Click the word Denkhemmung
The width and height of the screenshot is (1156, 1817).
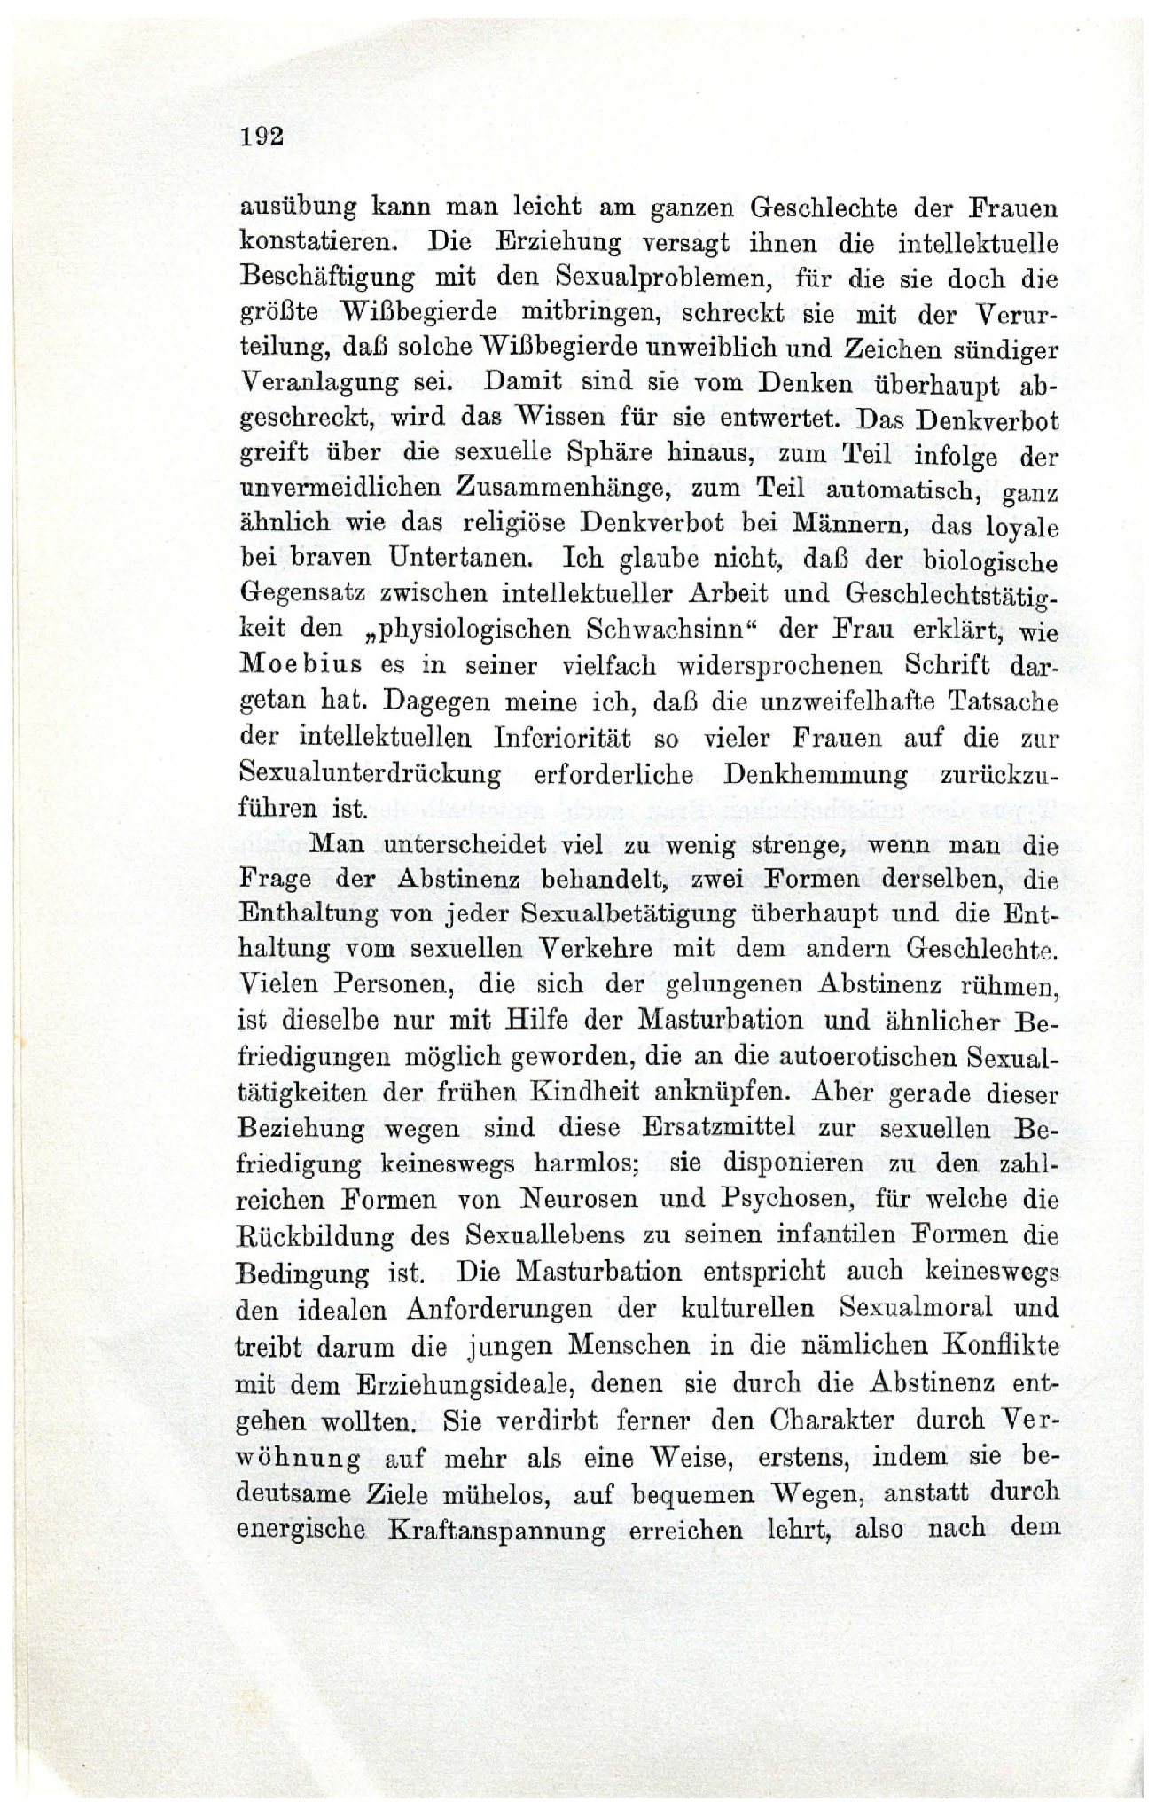click(x=816, y=773)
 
